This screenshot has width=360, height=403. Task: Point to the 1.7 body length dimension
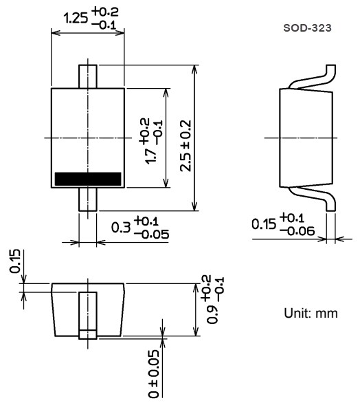click(x=152, y=140)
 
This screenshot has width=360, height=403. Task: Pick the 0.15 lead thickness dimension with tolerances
click(x=284, y=224)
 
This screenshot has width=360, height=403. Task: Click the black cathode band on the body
click(x=88, y=179)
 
